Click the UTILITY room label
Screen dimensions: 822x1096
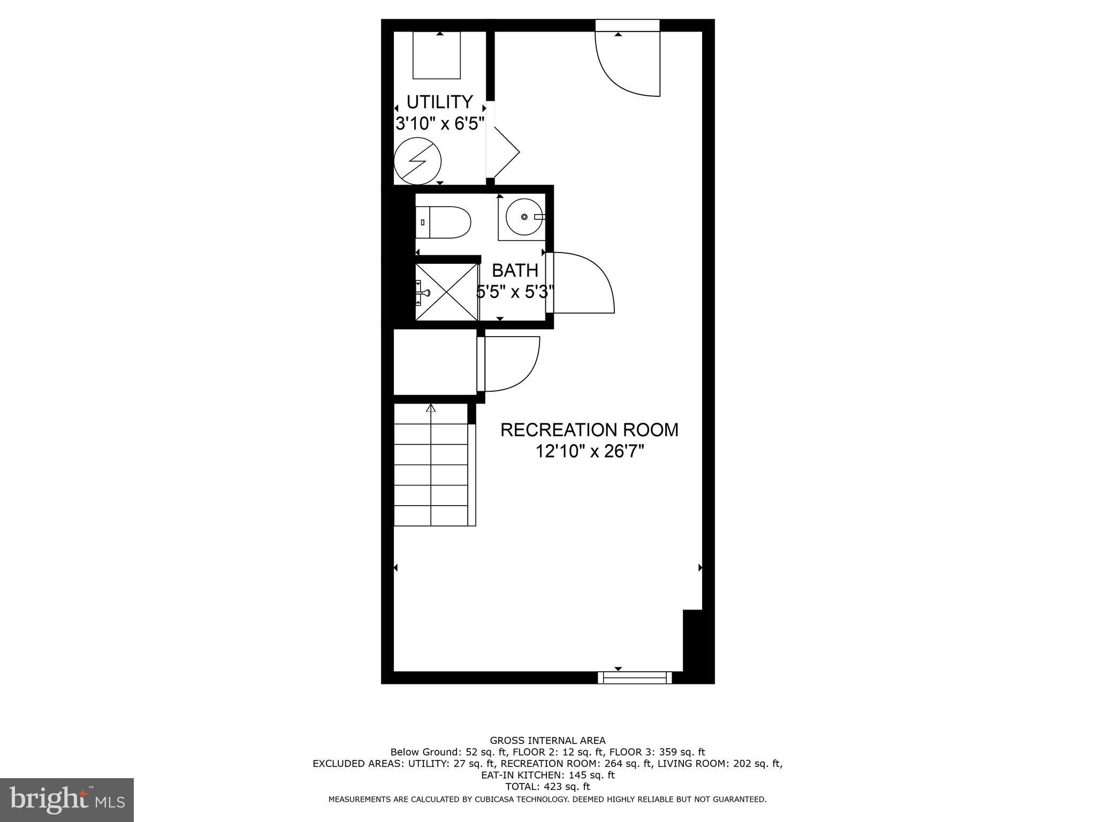point(439,102)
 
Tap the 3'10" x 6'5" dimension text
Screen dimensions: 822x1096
point(440,124)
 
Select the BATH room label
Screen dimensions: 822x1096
point(515,270)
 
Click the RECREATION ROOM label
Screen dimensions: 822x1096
point(589,430)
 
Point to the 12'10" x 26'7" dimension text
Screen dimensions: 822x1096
point(589,452)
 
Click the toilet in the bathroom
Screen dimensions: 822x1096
point(444,222)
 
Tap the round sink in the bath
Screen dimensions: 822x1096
point(524,217)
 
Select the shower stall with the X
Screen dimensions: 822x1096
point(447,292)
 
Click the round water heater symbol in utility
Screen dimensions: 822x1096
point(417,161)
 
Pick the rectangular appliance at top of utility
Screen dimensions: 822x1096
point(437,55)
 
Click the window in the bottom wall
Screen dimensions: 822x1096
point(635,678)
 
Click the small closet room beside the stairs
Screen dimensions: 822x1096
point(435,362)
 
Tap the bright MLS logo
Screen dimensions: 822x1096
point(67,800)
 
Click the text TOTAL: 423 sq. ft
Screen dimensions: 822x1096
point(547,787)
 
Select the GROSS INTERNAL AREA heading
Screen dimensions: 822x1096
point(547,741)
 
